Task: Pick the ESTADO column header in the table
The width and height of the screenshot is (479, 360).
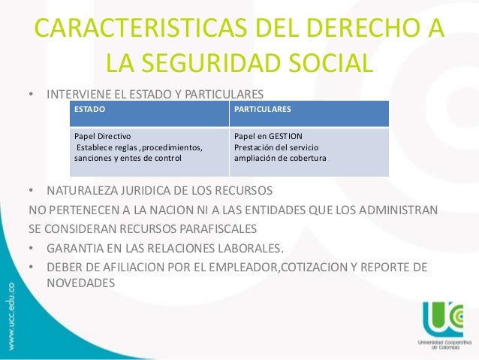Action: tap(89, 110)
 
